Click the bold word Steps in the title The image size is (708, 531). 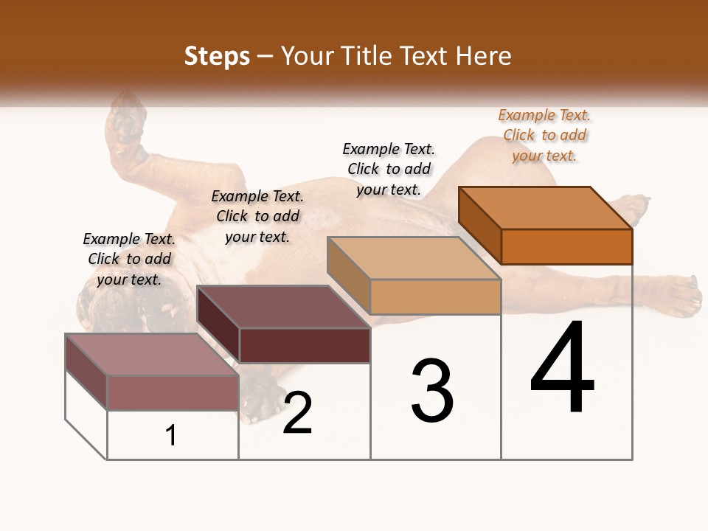217,57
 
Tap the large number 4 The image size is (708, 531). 562,369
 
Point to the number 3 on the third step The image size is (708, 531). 432,391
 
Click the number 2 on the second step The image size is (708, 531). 297,414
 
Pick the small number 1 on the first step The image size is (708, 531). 171,436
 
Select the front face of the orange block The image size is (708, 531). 566,246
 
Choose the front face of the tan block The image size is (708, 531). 435,296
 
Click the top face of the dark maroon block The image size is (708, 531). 284,307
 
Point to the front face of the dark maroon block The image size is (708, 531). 305,345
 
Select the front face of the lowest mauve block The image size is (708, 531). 173,392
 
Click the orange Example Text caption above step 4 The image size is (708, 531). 545,135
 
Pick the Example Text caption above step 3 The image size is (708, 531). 389,169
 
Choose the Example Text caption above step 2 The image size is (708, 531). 257,216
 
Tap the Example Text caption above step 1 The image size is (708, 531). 129,259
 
